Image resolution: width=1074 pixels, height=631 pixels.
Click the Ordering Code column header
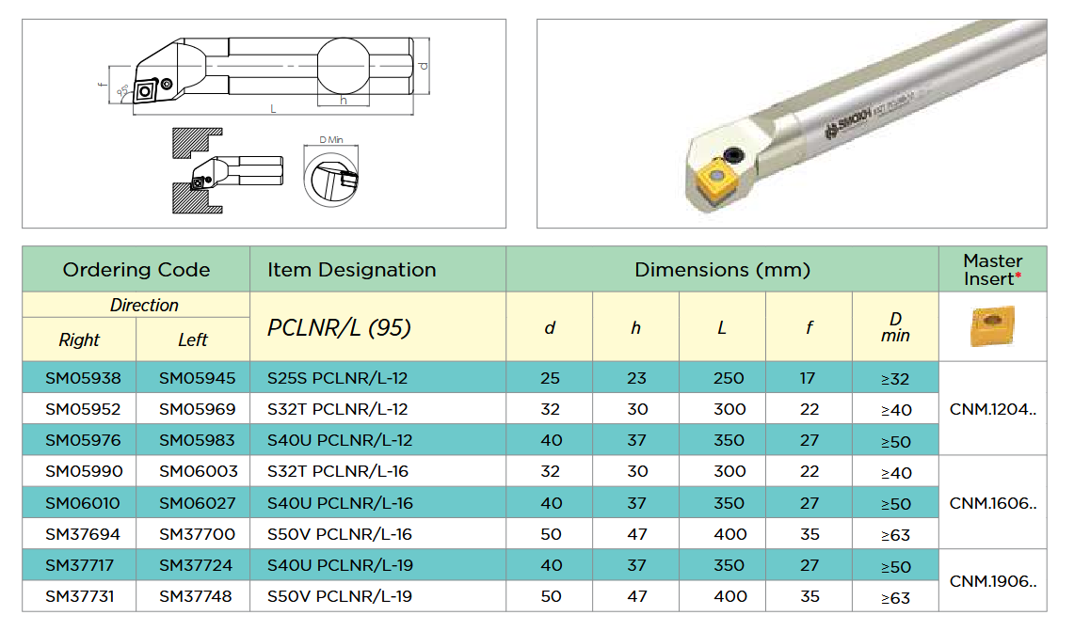click(x=136, y=270)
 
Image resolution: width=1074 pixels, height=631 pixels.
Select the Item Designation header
click(x=351, y=270)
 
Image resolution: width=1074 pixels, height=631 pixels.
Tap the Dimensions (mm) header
click(x=722, y=270)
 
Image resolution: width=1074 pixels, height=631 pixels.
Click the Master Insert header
click(x=992, y=270)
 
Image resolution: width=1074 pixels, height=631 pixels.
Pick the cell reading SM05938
click(x=83, y=378)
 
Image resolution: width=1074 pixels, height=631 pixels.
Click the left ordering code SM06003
click(x=198, y=471)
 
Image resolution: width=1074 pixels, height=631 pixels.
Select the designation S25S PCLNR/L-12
click(x=337, y=378)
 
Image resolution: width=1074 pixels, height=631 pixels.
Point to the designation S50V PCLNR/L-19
click(x=339, y=596)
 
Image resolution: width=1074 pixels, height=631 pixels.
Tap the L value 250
click(x=729, y=378)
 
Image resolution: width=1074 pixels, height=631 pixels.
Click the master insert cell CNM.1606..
click(x=992, y=503)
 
